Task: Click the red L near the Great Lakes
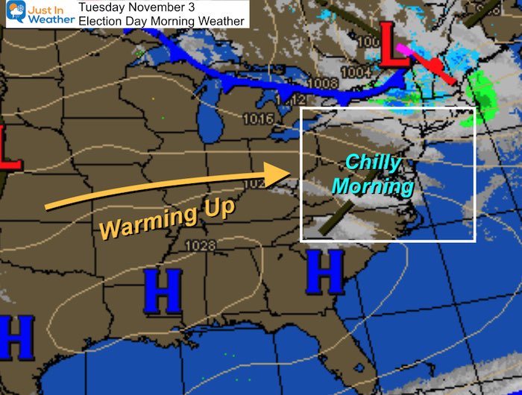pos(394,45)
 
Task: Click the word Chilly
pos(373,164)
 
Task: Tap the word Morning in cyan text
pos(372,186)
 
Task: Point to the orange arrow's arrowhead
pos(282,176)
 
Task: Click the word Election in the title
pos(104,21)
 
